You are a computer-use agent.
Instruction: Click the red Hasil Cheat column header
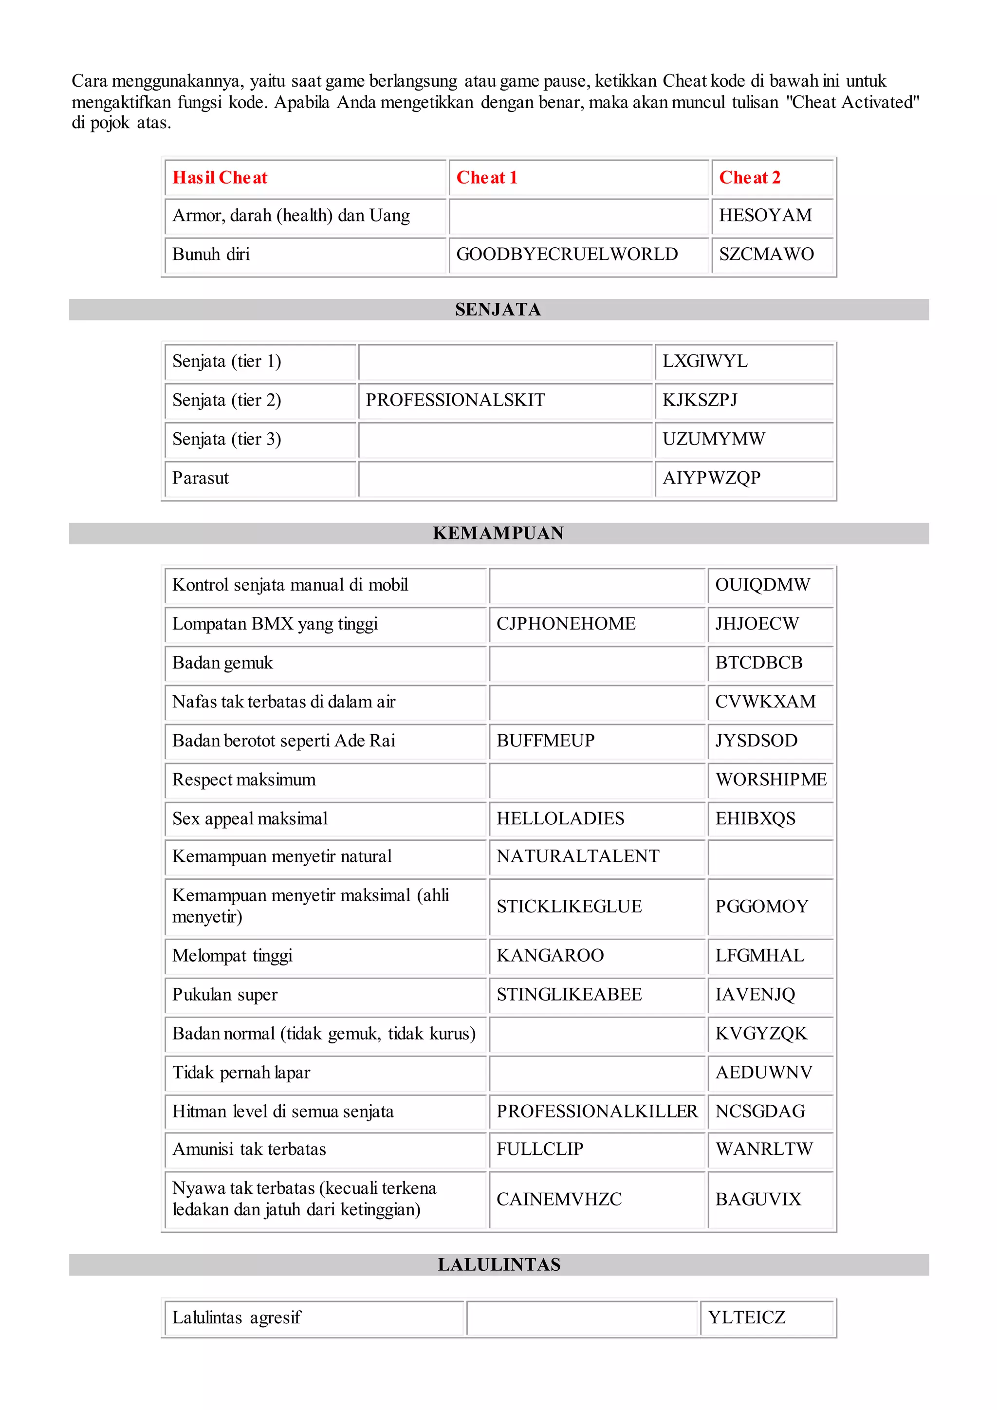coord(220,178)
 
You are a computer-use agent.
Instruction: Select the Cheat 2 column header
coord(750,178)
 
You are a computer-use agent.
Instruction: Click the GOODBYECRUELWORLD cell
coord(567,254)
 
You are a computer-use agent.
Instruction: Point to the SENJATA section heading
coord(498,310)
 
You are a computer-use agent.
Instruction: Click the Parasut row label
coord(200,479)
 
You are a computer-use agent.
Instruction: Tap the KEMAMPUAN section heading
coord(498,533)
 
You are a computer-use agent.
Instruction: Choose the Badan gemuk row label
coord(222,663)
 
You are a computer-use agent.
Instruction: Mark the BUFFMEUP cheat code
coord(545,741)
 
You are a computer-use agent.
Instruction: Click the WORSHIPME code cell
coord(771,780)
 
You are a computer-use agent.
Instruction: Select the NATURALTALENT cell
coord(578,857)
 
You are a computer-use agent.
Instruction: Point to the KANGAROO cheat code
coord(550,956)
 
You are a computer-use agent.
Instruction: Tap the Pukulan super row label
coord(225,995)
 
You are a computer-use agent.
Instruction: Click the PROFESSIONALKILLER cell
coord(597,1112)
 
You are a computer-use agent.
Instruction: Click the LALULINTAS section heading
coord(498,1265)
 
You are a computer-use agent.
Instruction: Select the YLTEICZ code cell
coord(746,1318)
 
